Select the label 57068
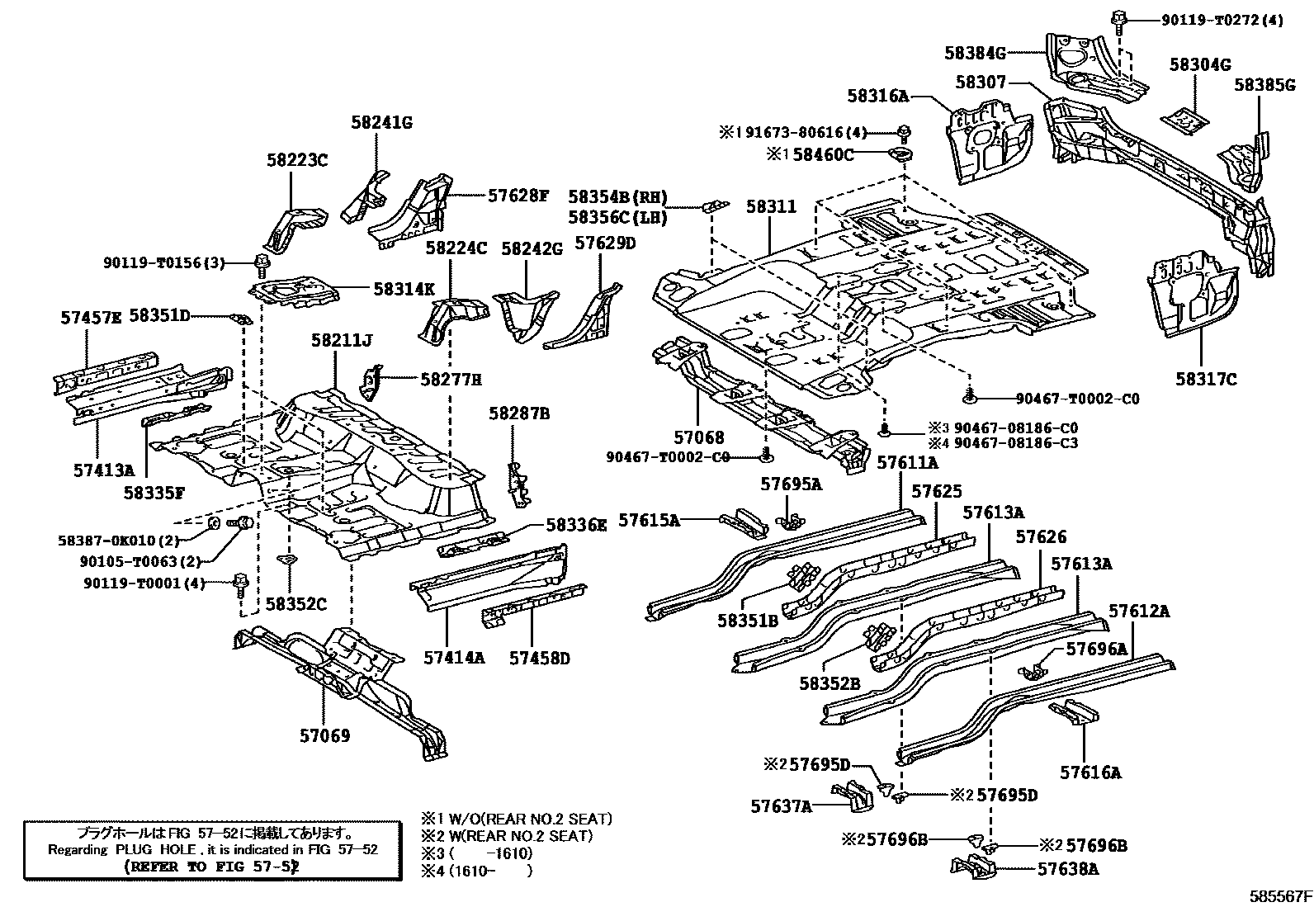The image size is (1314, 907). pos(697,437)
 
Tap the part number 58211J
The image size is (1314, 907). pos(342,340)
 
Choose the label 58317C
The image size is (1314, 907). pos(1206,379)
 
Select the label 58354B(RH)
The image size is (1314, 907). pos(617,197)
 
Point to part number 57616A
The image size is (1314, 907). pos(1090,772)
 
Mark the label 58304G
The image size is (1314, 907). pos(1200,65)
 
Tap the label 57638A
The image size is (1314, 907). pos(1068,869)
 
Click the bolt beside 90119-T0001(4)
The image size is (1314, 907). pos(241,582)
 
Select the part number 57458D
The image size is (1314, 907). pos(539,658)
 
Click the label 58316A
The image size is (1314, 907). pos(877,96)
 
